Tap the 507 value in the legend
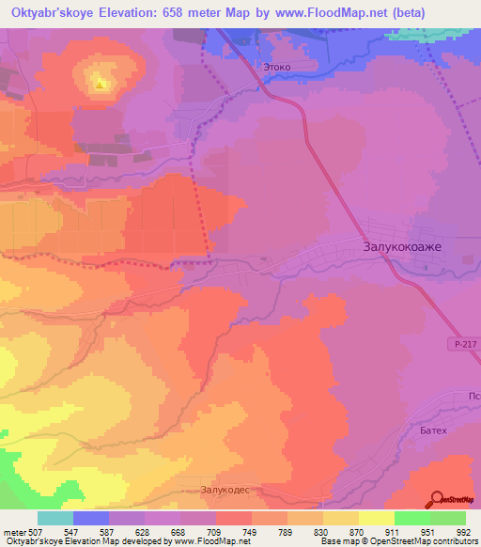pyautogui.click(x=37, y=532)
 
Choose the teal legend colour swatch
pyautogui.click(x=55, y=518)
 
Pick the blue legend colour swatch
pyautogui.click(x=91, y=518)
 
